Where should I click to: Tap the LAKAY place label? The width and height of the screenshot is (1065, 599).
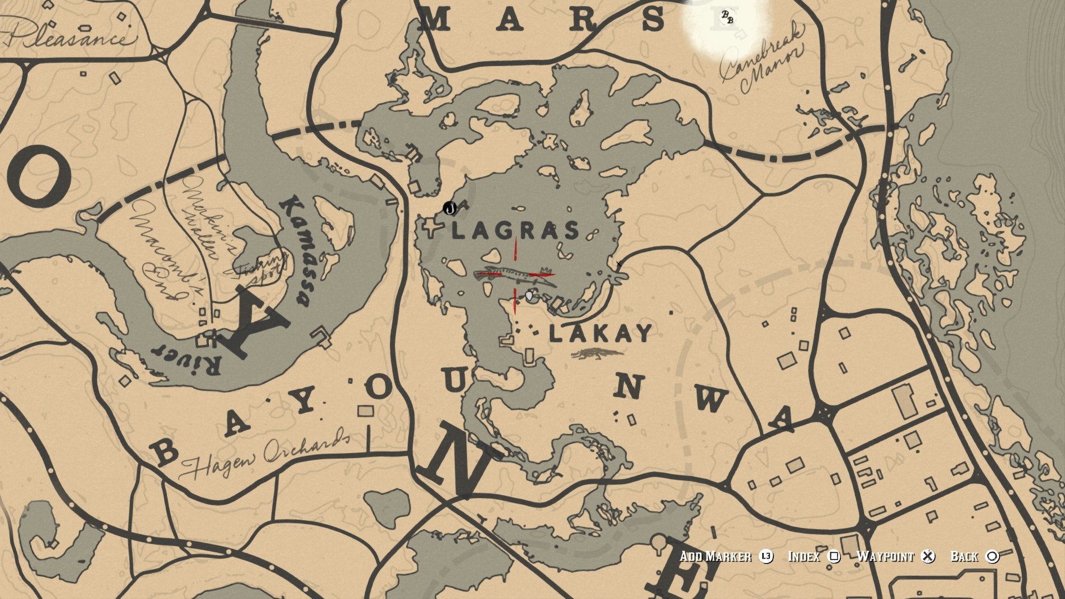(601, 334)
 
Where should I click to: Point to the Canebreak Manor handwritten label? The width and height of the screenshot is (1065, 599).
(761, 62)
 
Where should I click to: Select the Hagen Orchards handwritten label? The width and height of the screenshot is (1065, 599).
(265, 458)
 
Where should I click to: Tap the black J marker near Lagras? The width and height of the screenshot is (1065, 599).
(450, 209)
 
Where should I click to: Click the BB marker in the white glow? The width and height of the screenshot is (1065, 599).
(727, 18)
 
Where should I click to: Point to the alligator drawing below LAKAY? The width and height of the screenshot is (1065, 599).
(598, 354)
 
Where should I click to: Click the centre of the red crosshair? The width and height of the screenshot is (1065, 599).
(515, 275)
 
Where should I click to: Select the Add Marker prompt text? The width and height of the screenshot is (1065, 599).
(716, 556)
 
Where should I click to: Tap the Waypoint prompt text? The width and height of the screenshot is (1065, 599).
(885, 556)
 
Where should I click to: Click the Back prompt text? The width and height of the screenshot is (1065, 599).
(964, 556)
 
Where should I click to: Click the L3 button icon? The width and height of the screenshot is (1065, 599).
(766, 556)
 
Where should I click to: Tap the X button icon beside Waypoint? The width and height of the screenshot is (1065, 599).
(927, 556)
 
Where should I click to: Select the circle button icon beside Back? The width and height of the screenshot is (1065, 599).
(992, 556)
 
